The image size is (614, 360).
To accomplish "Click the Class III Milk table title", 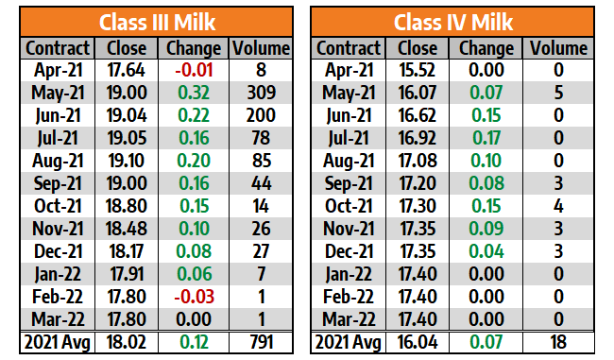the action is click(157, 22).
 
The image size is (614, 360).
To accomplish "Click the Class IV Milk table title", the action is click(453, 22).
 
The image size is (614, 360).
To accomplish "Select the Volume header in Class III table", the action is click(261, 48).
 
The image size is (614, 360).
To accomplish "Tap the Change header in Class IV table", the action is click(486, 48).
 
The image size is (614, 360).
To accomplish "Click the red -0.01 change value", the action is click(194, 70).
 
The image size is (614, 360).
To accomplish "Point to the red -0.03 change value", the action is click(195, 297).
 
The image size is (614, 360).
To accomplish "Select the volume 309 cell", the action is click(261, 93).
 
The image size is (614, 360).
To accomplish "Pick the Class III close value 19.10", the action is click(126, 161).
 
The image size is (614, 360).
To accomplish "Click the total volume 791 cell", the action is click(261, 342).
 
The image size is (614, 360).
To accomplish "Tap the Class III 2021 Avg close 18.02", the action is click(126, 342).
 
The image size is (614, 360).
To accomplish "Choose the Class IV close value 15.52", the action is click(417, 70).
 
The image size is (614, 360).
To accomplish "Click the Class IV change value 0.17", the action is click(486, 138).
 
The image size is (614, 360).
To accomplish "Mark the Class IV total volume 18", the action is click(558, 342).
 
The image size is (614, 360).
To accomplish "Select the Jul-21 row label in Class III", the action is click(58, 138).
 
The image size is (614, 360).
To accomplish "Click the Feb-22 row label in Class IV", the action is click(349, 297).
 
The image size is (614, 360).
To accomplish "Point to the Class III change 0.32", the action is click(194, 93).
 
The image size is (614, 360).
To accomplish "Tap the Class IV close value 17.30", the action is click(417, 206).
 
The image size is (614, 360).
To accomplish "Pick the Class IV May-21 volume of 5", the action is click(558, 93).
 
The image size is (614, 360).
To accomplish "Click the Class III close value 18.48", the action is click(126, 229).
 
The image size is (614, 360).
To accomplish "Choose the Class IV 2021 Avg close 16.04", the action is click(417, 342).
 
